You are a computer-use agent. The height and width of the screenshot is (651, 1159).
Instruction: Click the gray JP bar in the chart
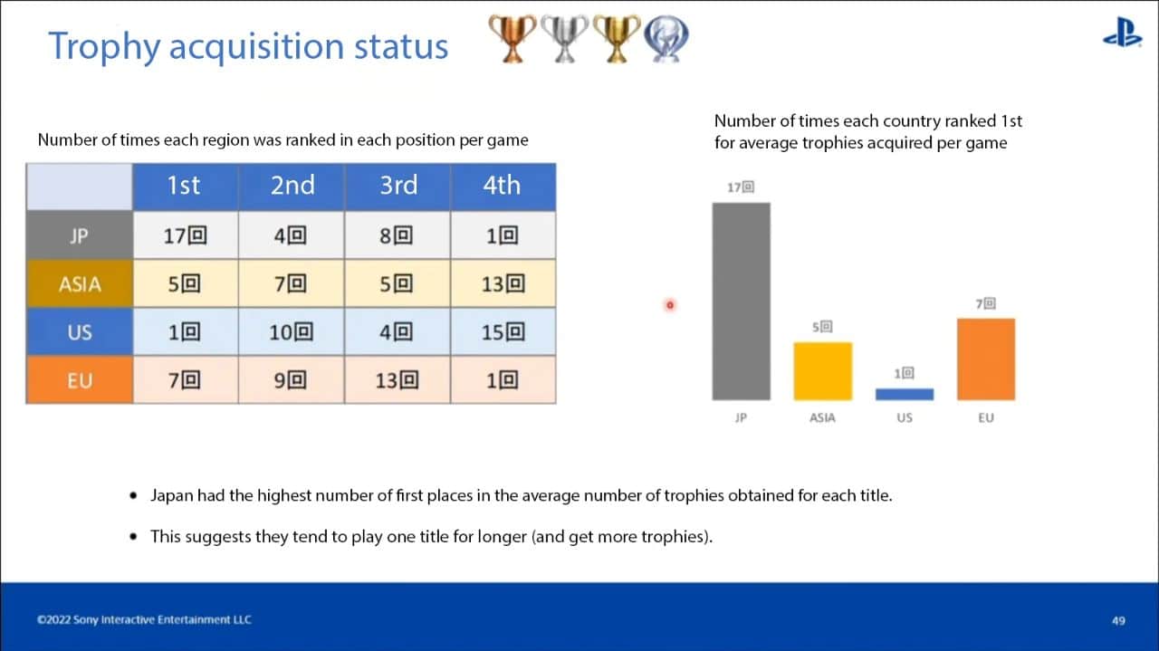coord(741,302)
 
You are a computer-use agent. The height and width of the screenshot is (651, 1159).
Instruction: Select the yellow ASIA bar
coord(823,371)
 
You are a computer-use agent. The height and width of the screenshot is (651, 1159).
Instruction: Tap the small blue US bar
coord(905,395)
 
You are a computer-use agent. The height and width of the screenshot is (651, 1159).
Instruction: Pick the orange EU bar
coord(986,359)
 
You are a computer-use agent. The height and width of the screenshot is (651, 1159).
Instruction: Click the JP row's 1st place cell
coord(186,235)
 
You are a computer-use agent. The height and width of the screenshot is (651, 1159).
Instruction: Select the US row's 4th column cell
coord(503,331)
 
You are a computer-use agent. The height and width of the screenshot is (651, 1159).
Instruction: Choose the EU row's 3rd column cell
coord(398,380)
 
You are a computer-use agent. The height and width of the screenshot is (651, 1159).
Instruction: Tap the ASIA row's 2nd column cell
coord(292,283)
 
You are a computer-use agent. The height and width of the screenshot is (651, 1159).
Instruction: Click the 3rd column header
coord(398,187)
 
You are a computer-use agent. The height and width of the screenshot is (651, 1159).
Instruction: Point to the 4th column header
coord(503,187)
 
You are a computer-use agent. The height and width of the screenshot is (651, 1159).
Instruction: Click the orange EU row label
coord(80,380)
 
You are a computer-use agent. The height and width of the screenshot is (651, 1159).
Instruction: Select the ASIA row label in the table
coord(80,283)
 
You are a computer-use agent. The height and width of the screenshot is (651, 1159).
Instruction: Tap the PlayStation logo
coord(1122,33)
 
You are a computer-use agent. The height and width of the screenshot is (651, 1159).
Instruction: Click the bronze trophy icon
coord(512,39)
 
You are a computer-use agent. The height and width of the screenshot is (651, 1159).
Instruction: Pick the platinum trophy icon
coord(666,39)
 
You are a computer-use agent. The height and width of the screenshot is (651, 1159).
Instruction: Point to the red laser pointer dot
coord(670,305)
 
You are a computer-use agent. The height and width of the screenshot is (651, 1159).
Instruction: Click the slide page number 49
coord(1118,620)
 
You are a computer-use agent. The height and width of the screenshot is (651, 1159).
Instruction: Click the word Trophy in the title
coord(104,46)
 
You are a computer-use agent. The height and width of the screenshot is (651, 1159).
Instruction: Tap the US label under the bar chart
coord(905,417)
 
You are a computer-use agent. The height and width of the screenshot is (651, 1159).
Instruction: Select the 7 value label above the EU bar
coord(986,303)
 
